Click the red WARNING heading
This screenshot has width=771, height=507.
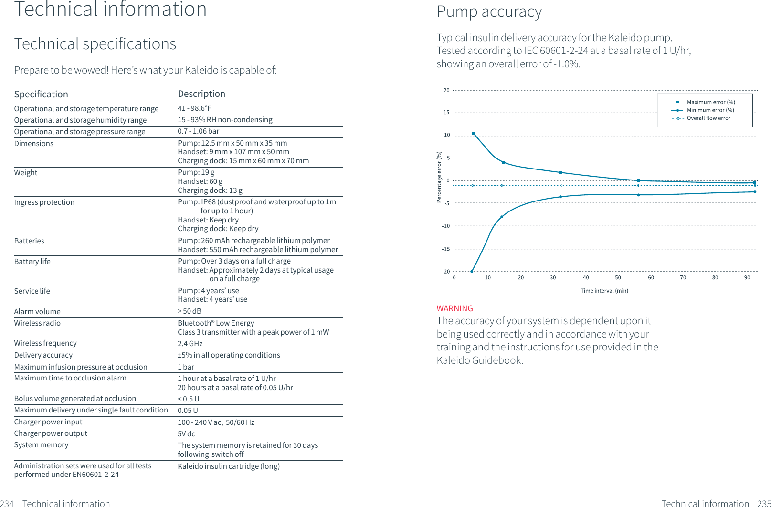point(454,308)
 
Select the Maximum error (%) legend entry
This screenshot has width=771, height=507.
point(710,102)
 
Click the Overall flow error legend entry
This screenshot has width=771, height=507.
point(708,118)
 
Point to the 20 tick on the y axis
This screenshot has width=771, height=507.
point(446,90)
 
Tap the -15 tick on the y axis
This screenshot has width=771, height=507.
point(445,249)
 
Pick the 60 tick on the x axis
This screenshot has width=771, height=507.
point(651,278)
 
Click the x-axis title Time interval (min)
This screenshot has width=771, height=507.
point(604,291)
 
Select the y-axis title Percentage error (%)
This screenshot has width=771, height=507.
point(439,177)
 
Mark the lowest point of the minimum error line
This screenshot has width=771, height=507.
point(472,272)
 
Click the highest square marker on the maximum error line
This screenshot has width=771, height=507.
point(474,134)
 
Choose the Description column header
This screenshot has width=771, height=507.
point(201,94)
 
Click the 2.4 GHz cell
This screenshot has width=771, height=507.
point(190,344)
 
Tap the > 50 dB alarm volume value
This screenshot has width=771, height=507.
point(189,311)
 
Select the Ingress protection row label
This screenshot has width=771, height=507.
point(44,202)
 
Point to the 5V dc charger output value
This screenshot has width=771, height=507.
point(186,434)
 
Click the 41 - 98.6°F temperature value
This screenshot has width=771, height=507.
point(194,108)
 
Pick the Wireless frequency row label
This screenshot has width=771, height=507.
point(45,343)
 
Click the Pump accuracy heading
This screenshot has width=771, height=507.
point(489,11)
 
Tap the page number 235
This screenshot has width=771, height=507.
point(763,503)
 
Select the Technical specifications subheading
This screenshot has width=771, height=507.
point(95,44)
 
